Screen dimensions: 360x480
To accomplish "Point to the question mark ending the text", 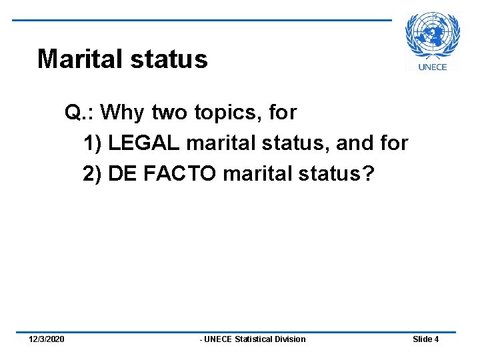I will pos(369,173).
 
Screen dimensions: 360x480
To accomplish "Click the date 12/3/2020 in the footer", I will pos(47,339).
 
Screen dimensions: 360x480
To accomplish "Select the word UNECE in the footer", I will pos(218,339).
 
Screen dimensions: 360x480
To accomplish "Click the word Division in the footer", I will pos(291,339).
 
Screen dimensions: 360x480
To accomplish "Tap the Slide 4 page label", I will pos(425,339).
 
